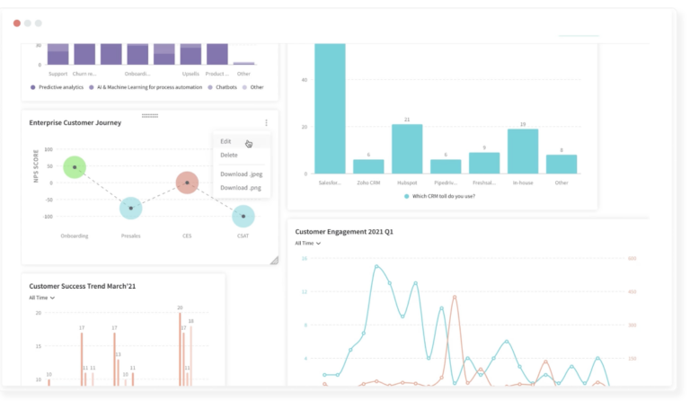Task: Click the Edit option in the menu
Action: pos(226,141)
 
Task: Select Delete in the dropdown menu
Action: pos(229,155)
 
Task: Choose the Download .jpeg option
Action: pos(240,174)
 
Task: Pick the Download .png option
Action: pos(239,187)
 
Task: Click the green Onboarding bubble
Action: pos(75,167)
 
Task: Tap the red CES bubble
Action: pos(187,183)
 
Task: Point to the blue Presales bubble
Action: pos(131,208)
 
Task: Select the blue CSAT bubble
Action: pos(243,216)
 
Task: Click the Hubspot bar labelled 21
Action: pos(407,148)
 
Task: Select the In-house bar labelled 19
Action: pos(523,151)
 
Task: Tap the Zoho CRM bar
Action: pos(368,166)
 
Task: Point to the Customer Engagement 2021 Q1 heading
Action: pos(344,231)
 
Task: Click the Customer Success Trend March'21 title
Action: pos(81,286)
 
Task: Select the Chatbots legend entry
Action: pos(225,87)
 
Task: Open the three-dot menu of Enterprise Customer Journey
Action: pos(266,123)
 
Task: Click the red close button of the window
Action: pos(17,22)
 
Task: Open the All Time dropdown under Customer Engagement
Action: pos(308,243)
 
